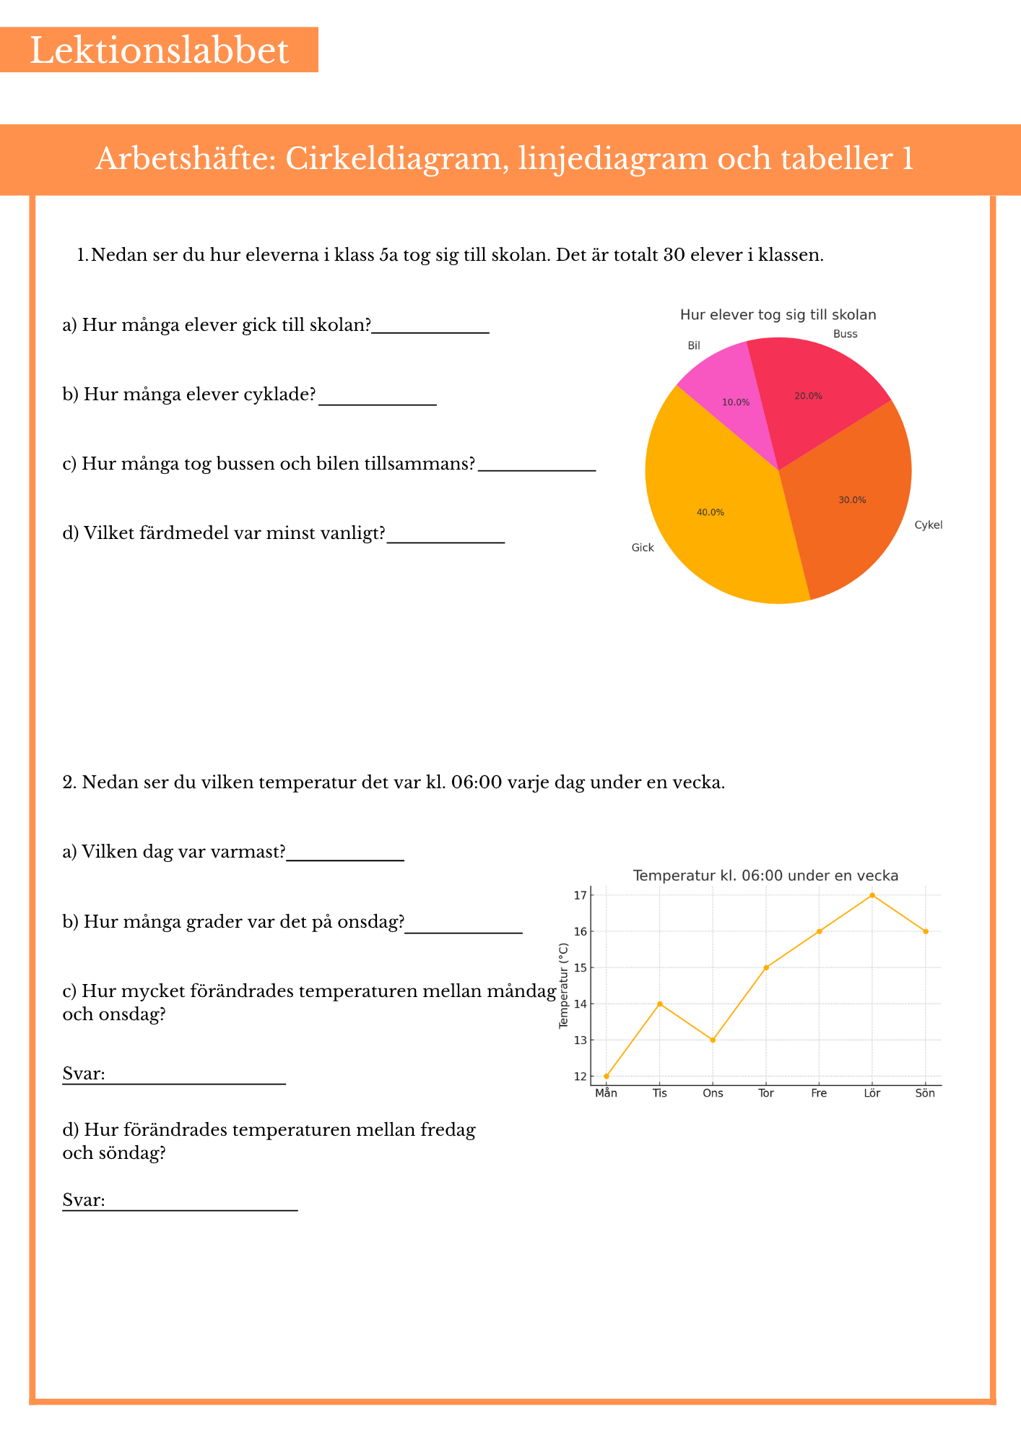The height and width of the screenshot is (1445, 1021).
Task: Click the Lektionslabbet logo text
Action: click(x=159, y=51)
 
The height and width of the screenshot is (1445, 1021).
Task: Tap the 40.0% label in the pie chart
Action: click(x=710, y=512)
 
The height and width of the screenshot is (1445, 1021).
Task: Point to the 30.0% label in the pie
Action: click(x=852, y=500)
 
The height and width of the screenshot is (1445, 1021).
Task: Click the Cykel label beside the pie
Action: click(x=928, y=525)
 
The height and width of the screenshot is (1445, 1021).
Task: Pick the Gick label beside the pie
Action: click(x=643, y=548)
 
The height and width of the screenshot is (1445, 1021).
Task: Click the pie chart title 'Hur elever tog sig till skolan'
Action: click(x=778, y=315)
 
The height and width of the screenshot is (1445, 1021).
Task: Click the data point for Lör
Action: click(x=872, y=895)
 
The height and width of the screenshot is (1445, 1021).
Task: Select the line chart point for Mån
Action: click(x=607, y=1076)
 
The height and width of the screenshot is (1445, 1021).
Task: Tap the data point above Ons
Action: click(x=713, y=1040)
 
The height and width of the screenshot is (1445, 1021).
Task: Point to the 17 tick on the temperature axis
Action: click(x=580, y=895)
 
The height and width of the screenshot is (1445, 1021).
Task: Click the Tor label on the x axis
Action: click(x=766, y=1093)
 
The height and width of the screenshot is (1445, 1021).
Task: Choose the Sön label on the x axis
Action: click(x=925, y=1093)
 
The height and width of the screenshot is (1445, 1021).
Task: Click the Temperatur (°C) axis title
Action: click(x=564, y=985)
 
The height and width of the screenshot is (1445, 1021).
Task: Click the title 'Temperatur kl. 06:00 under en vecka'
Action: click(x=765, y=876)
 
